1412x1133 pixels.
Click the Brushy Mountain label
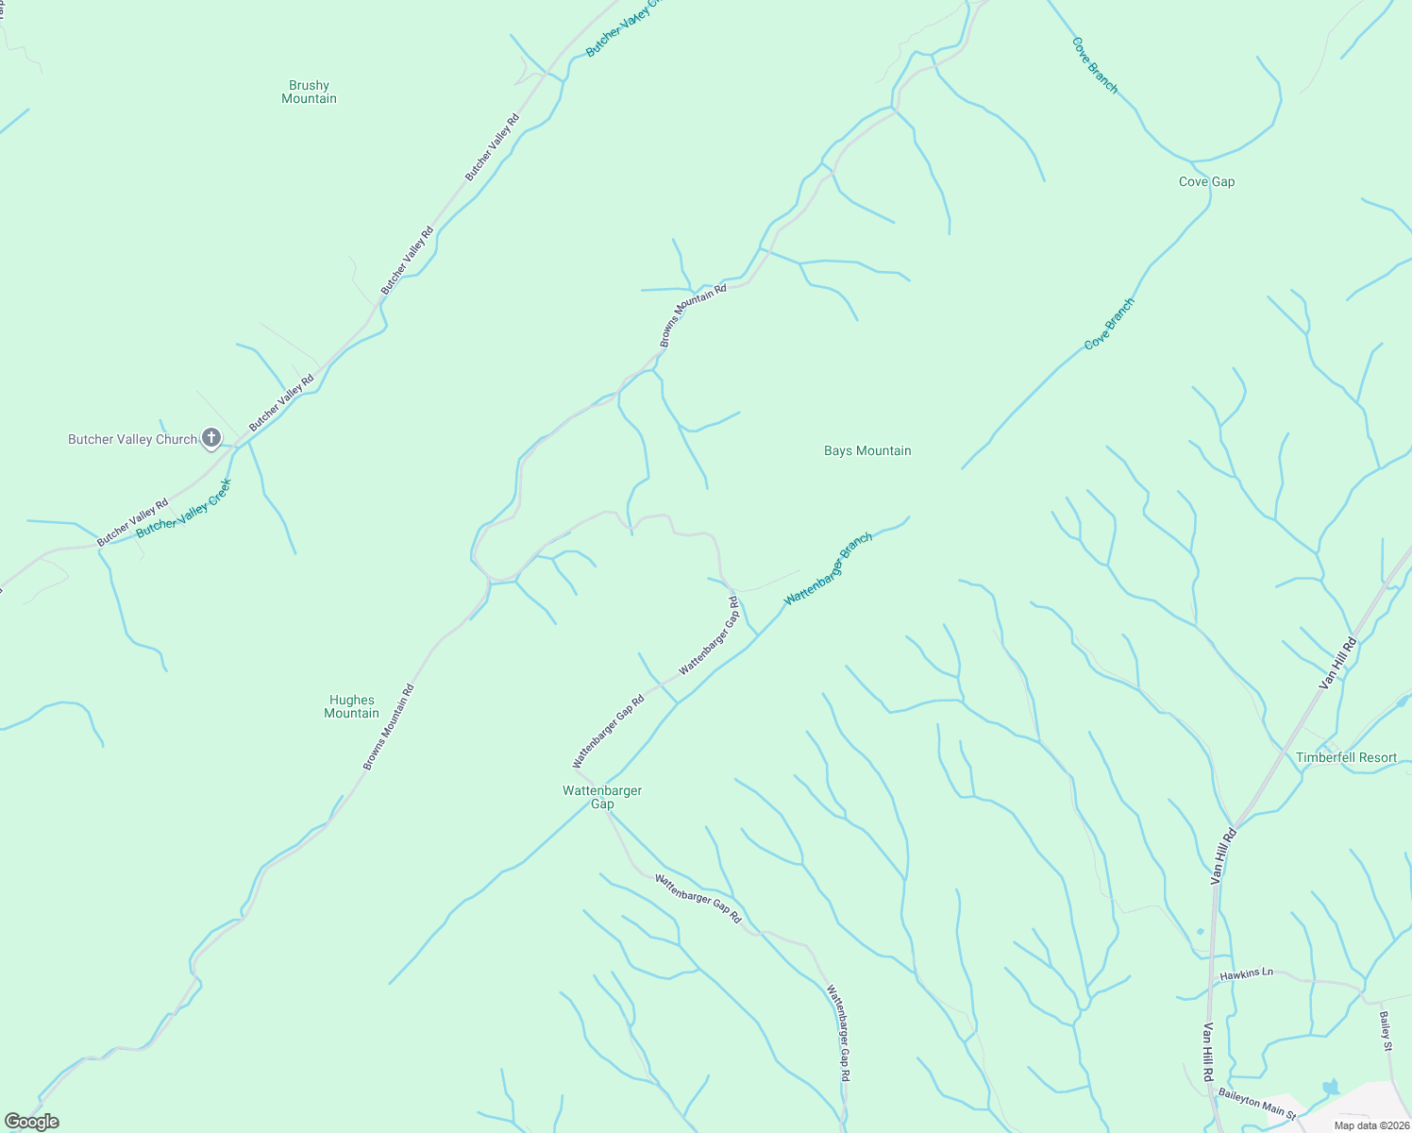click(309, 92)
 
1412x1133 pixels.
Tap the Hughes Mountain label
click(351, 706)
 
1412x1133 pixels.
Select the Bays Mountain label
click(867, 450)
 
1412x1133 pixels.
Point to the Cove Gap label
click(1206, 181)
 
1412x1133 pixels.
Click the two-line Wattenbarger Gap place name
click(602, 797)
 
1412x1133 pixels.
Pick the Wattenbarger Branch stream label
click(829, 569)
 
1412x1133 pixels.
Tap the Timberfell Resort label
click(1346, 757)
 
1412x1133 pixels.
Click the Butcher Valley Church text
click(132, 439)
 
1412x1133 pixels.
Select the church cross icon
click(211, 438)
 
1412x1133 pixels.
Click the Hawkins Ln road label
click(1246, 973)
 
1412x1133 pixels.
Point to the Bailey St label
click(1386, 1031)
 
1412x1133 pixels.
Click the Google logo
click(32, 1122)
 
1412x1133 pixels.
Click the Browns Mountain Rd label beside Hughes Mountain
click(389, 727)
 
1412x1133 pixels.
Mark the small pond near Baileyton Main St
click(1331, 1087)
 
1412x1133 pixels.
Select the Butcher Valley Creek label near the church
click(184, 508)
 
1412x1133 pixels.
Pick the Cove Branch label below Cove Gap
click(1109, 324)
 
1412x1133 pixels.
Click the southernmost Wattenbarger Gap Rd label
click(839, 1033)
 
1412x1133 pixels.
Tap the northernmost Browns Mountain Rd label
click(693, 315)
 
